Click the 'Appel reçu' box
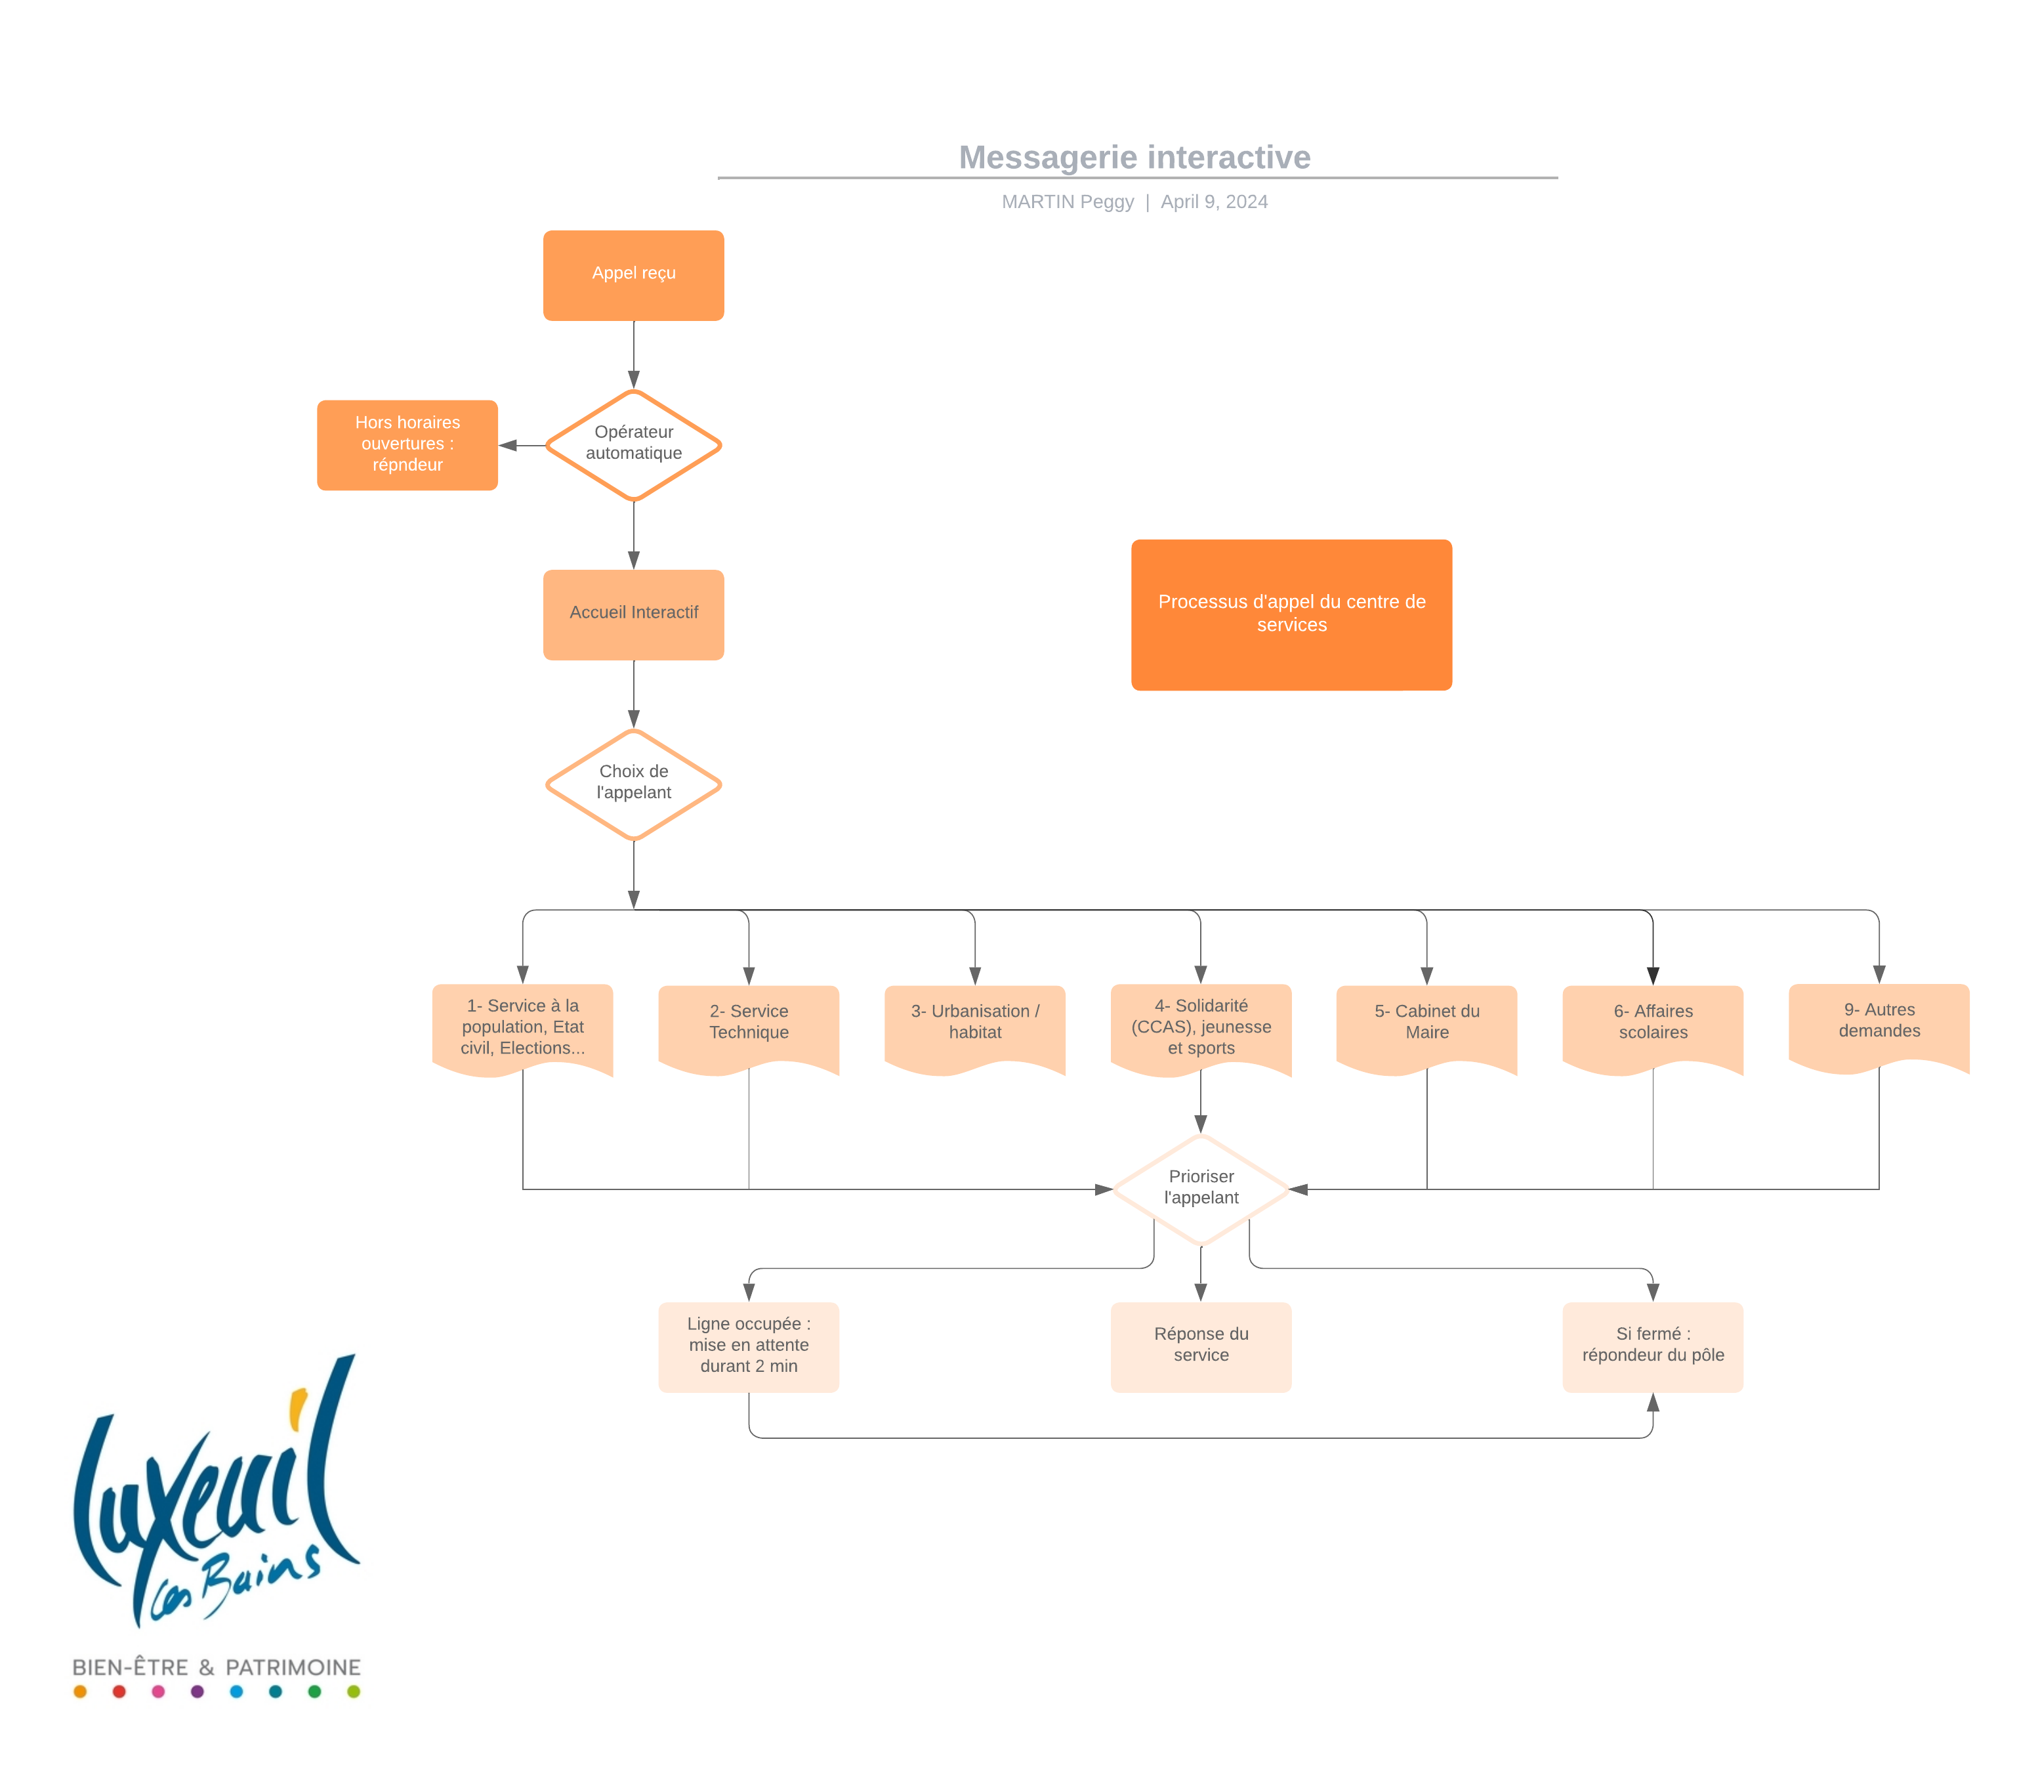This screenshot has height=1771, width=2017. coord(634,274)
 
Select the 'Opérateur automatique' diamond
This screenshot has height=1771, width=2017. coord(634,444)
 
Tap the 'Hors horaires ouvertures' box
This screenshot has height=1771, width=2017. coord(407,444)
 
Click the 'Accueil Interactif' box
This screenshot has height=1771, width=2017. coord(634,613)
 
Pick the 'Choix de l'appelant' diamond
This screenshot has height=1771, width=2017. coord(634,784)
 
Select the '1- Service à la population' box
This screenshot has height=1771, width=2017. coord(522,1027)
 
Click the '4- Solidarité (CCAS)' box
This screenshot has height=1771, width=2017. coord(1200,1027)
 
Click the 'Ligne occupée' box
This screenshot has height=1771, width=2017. coord(748,1346)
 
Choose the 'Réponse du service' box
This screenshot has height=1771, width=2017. coord(1200,1346)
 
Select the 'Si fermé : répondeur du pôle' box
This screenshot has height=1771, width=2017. coord(1652,1346)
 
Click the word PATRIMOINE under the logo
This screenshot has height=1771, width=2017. coord(293,1667)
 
